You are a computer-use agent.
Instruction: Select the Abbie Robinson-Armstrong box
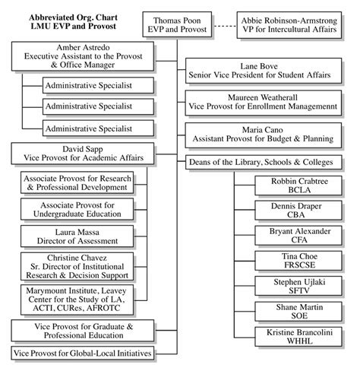296,23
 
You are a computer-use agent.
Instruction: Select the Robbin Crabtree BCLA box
292,187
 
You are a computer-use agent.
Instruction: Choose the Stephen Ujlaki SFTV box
292,287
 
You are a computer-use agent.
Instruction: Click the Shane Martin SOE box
292,312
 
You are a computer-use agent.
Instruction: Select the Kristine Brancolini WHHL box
292,337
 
